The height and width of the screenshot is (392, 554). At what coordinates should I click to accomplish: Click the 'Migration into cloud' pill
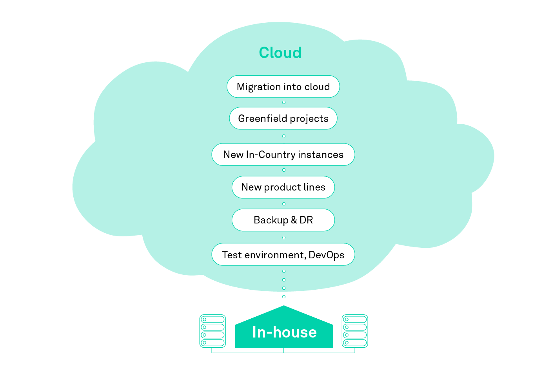pyautogui.click(x=283, y=87)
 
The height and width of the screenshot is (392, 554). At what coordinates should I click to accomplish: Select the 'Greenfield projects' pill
pyautogui.click(x=283, y=118)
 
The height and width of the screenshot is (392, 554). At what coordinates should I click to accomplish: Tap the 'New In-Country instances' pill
pyautogui.click(x=283, y=154)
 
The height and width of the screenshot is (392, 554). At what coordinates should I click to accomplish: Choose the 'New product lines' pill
pyautogui.click(x=283, y=187)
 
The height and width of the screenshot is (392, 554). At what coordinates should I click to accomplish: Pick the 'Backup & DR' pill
pyautogui.click(x=283, y=220)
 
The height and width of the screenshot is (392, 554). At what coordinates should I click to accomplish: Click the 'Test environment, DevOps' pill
pyautogui.click(x=283, y=254)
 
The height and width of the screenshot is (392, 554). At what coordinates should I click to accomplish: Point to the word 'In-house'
pyautogui.click(x=284, y=332)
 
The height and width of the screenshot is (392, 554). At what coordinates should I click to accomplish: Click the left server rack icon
pyautogui.click(x=213, y=331)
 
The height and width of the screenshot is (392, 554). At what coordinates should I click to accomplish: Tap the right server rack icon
pyautogui.click(x=355, y=331)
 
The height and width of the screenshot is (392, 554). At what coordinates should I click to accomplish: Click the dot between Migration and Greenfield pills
pyautogui.click(x=284, y=102)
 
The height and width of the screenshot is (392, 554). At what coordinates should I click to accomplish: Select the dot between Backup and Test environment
pyautogui.click(x=284, y=237)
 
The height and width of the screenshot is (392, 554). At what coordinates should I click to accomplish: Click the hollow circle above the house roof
pyautogui.click(x=284, y=297)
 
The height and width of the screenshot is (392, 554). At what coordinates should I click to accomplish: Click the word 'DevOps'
pyautogui.click(x=326, y=255)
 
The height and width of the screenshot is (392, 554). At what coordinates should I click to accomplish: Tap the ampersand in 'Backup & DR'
pyautogui.click(x=294, y=220)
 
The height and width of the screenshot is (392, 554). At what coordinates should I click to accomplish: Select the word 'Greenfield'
pyautogui.click(x=262, y=118)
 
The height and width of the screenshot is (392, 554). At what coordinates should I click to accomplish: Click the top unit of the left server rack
pyautogui.click(x=213, y=319)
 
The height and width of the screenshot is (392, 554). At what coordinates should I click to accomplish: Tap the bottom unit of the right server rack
pyautogui.click(x=355, y=343)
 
